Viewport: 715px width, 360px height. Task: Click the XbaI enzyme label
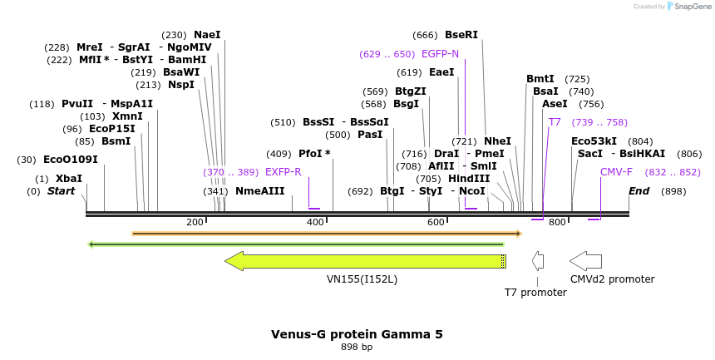[x=68, y=179]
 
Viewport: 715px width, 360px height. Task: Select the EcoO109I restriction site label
[x=70, y=160]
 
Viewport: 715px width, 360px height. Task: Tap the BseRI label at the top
[x=461, y=35]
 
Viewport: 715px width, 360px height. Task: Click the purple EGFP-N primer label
[x=440, y=54]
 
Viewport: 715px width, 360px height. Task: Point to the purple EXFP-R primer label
[x=283, y=172]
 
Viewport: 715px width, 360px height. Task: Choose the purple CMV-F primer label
[x=616, y=172]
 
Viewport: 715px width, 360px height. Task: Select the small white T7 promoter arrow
[x=538, y=261]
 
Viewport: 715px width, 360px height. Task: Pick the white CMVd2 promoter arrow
[x=585, y=261]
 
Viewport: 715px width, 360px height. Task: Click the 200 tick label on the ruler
[x=195, y=222]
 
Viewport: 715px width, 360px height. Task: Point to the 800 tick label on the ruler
[x=557, y=222]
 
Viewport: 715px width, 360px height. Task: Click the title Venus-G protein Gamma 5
[x=357, y=334]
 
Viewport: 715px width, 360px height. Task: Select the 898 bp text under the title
[x=357, y=347]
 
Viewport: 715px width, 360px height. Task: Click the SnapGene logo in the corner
[x=688, y=7]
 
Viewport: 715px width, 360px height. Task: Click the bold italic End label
[x=639, y=191]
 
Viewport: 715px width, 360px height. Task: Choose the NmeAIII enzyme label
[x=259, y=191]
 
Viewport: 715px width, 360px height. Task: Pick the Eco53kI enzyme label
[x=594, y=141]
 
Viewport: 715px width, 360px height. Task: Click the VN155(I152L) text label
[x=362, y=279]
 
